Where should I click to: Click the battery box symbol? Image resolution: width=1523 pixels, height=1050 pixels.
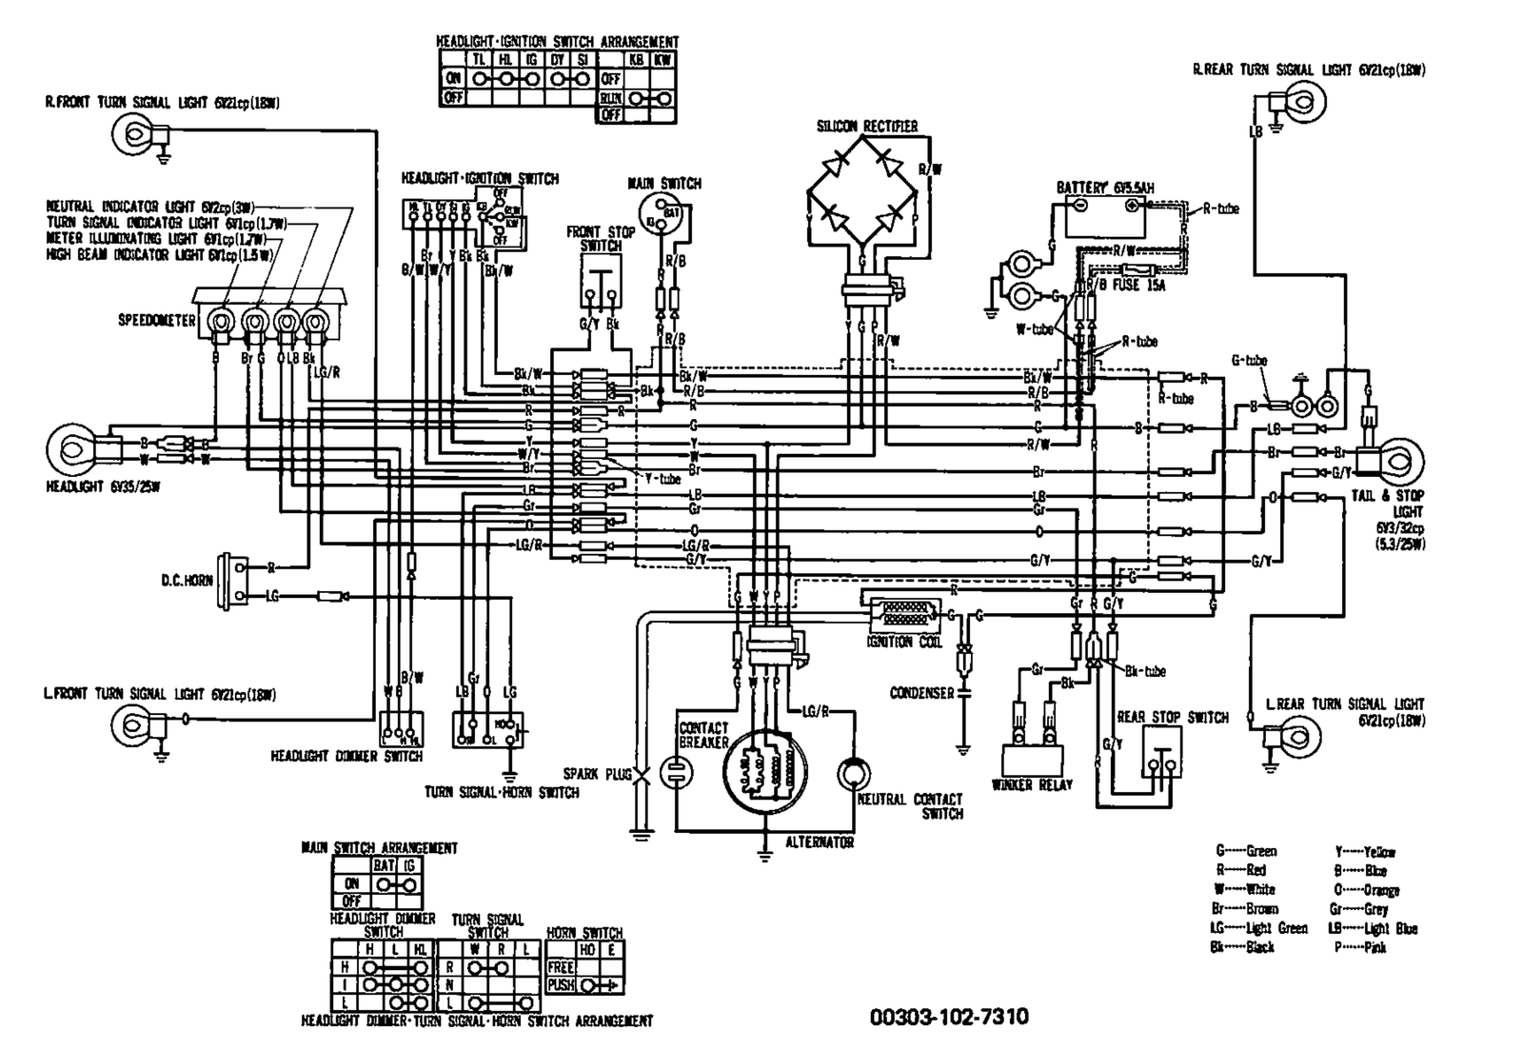(1105, 217)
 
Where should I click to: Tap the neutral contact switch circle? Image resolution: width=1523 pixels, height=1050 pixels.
(854, 773)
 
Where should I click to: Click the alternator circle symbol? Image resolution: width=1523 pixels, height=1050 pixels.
(766, 775)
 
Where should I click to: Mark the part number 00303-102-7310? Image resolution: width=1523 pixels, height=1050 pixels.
(949, 1018)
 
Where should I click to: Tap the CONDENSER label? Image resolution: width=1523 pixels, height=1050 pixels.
(920, 693)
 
